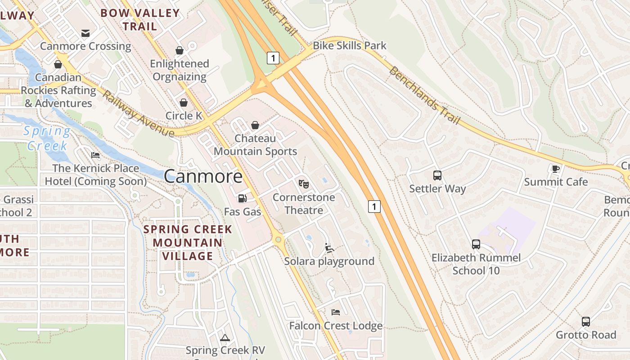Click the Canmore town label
[x=203, y=176]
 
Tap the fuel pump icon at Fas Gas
[x=242, y=198]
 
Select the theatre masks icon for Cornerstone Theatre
[x=304, y=184]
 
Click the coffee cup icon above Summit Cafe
[x=556, y=169]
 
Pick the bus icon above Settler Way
[x=437, y=175]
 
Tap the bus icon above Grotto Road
[x=585, y=321]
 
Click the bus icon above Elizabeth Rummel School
[x=476, y=244]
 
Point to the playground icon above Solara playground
[x=329, y=247]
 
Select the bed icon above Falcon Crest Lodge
[x=335, y=312]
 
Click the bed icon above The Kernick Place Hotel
[x=95, y=155]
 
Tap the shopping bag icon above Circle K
[x=184, y=103]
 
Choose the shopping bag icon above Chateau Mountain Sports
[x=255, y=125]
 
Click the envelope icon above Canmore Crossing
[x=85, y=33]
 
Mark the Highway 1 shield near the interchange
[x=273, y=58]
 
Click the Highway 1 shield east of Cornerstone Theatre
[x=374, y=207]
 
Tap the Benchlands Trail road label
[x=424, y=95]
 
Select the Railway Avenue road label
[x=138, y=113]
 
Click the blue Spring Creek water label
[x=47, y=138]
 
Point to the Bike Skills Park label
[x=349, y=45]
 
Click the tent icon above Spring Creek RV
[x=225, y=337]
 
